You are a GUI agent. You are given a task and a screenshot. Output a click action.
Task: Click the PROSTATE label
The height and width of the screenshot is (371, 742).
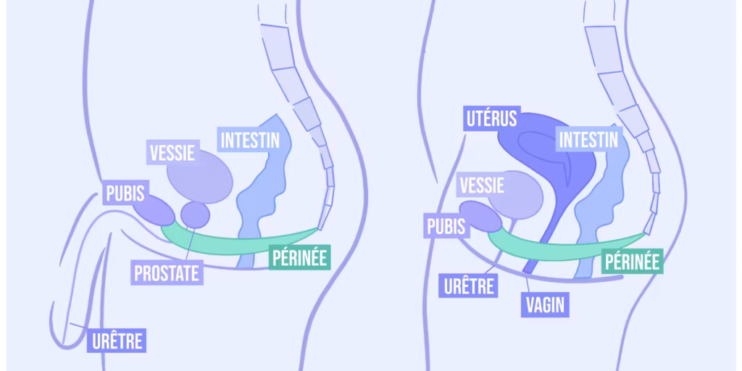[x=166, y=273]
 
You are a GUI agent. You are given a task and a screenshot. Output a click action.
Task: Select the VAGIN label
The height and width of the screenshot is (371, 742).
[x=543, y=304]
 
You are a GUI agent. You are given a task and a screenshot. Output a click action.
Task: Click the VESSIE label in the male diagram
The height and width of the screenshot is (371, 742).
[x=173, y=153]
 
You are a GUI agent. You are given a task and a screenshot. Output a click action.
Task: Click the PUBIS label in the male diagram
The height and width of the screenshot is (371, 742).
[x=125, y=193]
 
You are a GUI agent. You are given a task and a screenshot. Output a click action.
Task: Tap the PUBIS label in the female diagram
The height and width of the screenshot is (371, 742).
[x=446, y=227]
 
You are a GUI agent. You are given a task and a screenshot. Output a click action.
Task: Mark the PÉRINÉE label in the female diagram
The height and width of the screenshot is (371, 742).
[x=633, y=262]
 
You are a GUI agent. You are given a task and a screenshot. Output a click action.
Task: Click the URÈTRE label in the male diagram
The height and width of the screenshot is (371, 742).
[x=116, y=341]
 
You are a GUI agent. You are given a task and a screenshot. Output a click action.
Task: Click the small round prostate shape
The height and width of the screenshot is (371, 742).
[x=195, y=214]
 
